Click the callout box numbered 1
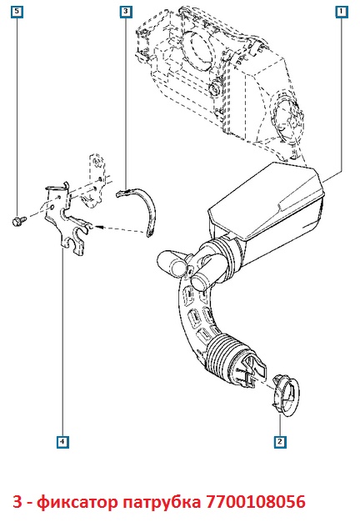coord(342,12)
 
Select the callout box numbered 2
coord(280,441)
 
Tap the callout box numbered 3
coord(126,12)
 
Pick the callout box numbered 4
coord(62,441)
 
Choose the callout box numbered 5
coord(17,12)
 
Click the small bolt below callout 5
coord(17,221)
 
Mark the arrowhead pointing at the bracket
coord(98,227)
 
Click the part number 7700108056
coord(256,502)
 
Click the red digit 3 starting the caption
coord(17,502)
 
